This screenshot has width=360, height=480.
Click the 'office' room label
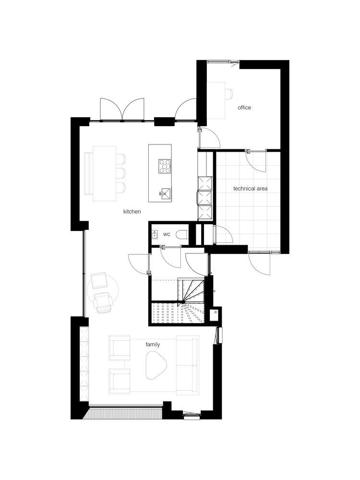[x=244, y=108]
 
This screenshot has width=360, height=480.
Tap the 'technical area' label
[x=250, y=189]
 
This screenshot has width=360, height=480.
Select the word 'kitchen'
[x=132, y=212]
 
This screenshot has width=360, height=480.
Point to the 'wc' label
[x=167, y=235]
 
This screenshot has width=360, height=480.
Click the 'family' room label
[x=153, y=345]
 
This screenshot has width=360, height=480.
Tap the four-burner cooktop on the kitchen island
[x=165, y=167]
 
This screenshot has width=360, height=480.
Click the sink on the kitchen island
[x=166, y=193]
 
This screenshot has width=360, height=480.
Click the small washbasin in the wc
[x=155, y=235]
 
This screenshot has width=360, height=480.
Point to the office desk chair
[x=228, y=94]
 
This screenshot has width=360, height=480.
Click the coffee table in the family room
[x=155, y=365]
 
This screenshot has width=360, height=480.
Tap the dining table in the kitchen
[x=104, y=173]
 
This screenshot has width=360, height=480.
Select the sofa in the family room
[x=187, y=364]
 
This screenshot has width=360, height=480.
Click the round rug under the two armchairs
[x=103, y=292]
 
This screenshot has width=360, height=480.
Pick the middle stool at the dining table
[x=121, y=173]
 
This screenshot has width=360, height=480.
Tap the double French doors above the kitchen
[x=122, y=109]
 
